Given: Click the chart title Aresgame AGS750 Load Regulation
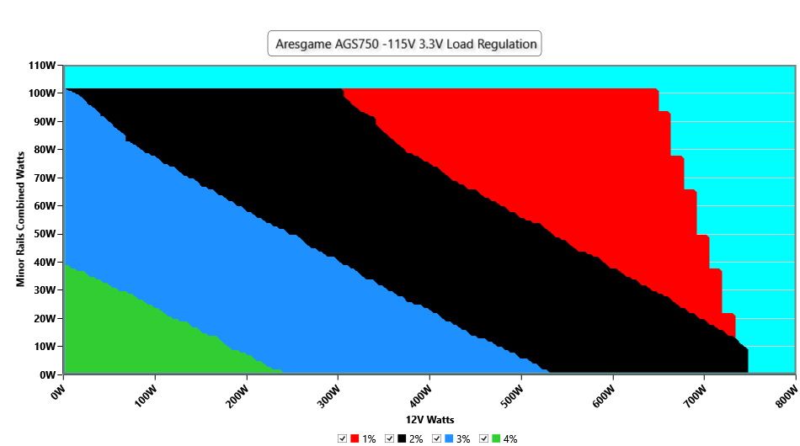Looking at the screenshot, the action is (x=406, y=44).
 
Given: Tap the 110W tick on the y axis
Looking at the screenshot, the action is (x=42, y=66).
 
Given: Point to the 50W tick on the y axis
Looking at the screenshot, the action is (x=45, y=234).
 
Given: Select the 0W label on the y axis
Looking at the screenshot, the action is (x=47, y=374).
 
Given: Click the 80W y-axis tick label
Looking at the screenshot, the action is (x=45, y=150).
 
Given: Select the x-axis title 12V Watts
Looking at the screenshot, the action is (x=429, y=420).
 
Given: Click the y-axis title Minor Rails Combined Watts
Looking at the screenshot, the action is (x=20, y=219).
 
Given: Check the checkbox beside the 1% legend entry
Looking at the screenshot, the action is (x=342, y=438).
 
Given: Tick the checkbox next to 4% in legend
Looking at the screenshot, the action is (x=483, y=438).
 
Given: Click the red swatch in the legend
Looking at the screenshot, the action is (x=354, y=438).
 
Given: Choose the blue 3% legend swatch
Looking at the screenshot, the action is (x=449, y=438).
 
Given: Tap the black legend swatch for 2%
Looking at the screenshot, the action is (x=402, y=438).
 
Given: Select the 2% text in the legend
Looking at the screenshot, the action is (x=416, y=439).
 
